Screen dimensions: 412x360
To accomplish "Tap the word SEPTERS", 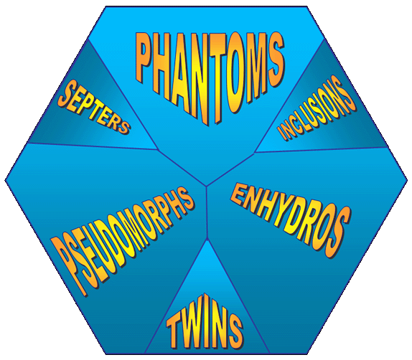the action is pyautogui.click(x=94, y=107).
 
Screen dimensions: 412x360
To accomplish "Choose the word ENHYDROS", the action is pyautogui.click(x=291, y=220).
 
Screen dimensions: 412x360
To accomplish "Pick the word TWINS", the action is pyautogui.click(x=204, y=323).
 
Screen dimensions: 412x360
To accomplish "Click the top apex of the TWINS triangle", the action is pyautogui.click(x=207, y=240).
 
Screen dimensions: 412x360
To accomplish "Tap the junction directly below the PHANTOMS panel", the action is pyautogui.click(x=207, y=186).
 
